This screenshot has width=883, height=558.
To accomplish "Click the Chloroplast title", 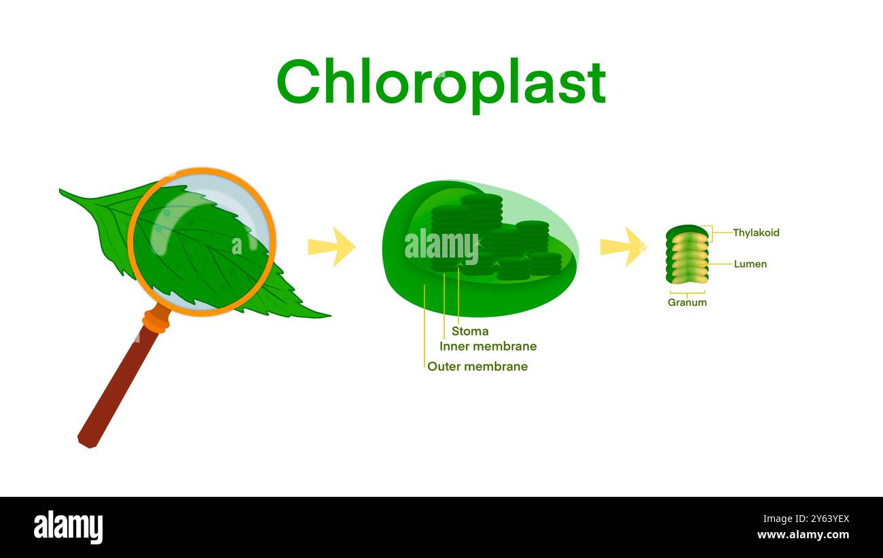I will [441, 82].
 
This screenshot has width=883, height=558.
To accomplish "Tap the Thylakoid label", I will [756, 232].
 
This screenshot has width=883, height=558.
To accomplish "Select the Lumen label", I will [750, 264].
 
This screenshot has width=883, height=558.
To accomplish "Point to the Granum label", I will [687, 302].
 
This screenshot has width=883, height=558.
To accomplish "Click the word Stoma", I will [470, 332].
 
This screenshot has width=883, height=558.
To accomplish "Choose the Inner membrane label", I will [488, 347].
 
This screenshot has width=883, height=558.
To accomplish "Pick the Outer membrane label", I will [477, 366].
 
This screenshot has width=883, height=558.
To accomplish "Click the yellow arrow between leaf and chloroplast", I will [331, 247].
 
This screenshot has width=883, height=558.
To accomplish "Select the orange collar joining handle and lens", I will [157, 319].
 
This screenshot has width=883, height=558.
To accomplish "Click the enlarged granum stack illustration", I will [687, 255].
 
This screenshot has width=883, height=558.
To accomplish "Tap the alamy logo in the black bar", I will [69, 527].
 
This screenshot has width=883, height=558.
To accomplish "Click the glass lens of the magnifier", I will [202, 241].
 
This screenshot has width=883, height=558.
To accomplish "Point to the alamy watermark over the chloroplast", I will [441, 246].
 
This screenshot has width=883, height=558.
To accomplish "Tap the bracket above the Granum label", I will [687, 293].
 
